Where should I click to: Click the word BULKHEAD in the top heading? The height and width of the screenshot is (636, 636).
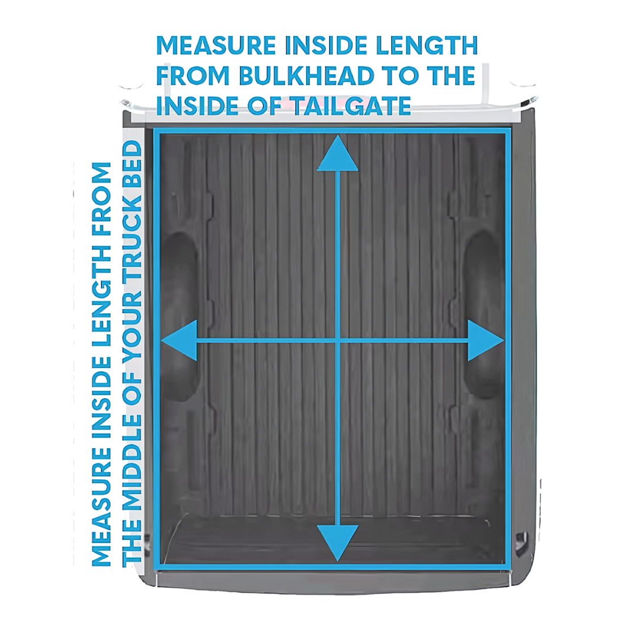(x=307, y=75)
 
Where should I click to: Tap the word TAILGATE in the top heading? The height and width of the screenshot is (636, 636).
(x=351, y=106)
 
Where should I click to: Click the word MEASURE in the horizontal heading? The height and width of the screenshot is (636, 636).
(x=216, y=45)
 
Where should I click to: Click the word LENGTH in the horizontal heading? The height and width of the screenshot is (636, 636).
(x=427, y=45)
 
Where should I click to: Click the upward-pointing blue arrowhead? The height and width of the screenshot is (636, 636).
(x=337, y=153)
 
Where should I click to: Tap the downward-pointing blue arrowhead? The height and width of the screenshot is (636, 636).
(x=337, y=543)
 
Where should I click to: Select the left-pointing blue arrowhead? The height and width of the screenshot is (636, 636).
(x=179, y=340)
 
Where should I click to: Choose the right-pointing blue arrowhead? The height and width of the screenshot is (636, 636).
(x=486, y=340)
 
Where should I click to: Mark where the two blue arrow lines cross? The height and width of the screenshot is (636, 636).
(x=338, y=341)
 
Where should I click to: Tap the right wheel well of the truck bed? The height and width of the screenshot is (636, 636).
(x=483, y=314)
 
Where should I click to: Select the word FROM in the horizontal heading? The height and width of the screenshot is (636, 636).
(x=193, y=75)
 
